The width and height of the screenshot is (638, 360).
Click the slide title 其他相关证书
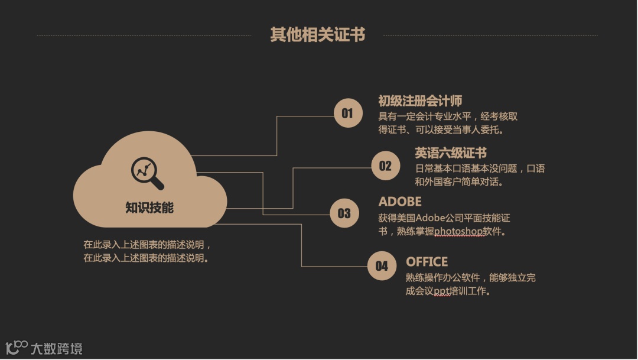click(x=317, y=35)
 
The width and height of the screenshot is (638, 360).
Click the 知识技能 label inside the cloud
click(x=149, y=207)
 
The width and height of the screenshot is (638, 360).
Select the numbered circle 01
click(x=347, y=113)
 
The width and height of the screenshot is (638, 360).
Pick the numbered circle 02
click(x=385, y=166)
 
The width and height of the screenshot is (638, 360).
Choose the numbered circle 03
click(x=344, y=213)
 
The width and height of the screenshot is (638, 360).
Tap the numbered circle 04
click(x=382, y=266)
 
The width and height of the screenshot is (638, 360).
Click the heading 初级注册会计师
click(x=420, y=100)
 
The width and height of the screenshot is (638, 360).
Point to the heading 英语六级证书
click(x=451, y=153)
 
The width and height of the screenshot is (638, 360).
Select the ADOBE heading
click(x=400, y=201)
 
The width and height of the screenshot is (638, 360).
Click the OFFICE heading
click(x=427, y=261)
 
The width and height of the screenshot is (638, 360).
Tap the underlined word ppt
click(x=442, y=291)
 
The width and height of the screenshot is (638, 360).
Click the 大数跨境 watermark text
click(x=56, y=348)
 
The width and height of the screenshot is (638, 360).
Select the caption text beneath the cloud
click(x=147, y=251)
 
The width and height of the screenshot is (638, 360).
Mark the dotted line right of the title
click(x=490, y=35)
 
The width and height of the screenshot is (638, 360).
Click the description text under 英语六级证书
click(x=480, y=176)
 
